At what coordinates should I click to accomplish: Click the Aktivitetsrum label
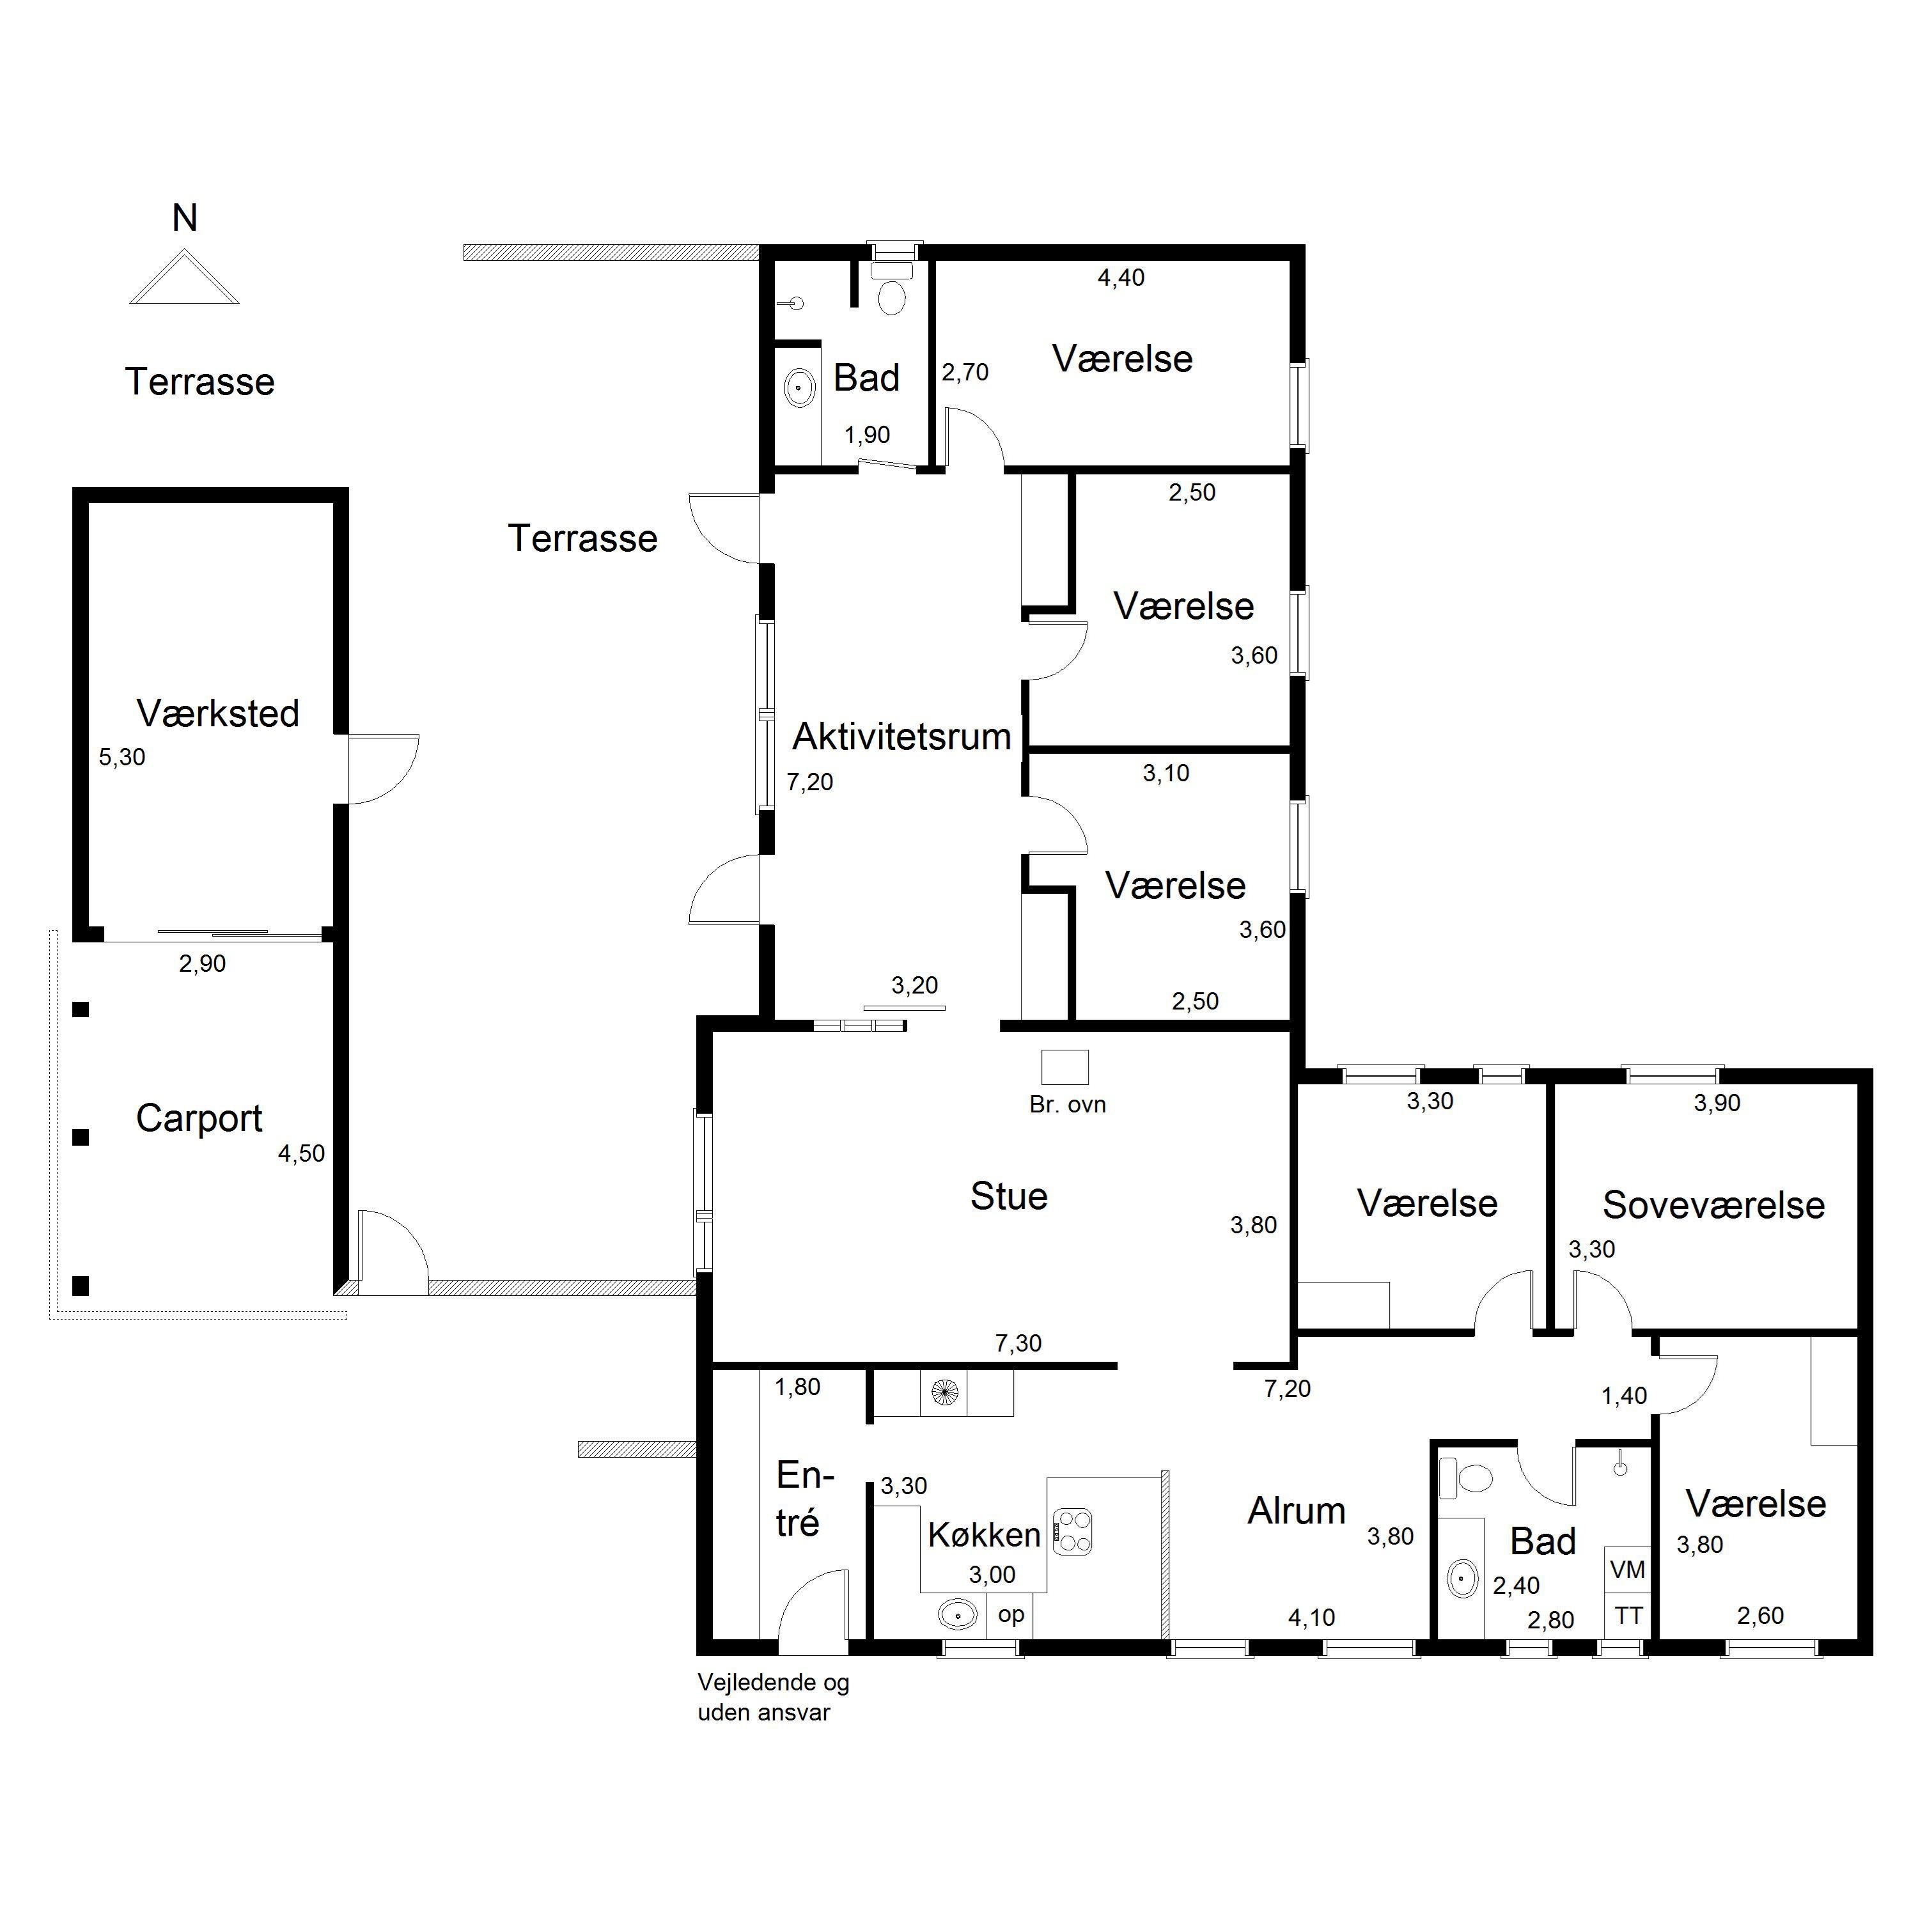tap(901, 737)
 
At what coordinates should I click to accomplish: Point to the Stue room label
tap(1009, 1196)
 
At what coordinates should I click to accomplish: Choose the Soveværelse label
tap(1713, 1205)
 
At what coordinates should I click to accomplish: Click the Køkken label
tap(984, 1535)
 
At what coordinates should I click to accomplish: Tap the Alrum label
tap(1297, 1511)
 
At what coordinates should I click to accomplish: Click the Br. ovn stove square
tap(1064, 1067)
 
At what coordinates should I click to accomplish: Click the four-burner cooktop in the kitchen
tap(1072, 1531)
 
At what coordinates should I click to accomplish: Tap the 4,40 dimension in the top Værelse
tap(1121, 278)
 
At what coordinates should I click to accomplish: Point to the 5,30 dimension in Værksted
tap(122, 758)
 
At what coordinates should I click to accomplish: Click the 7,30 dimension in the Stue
tap(1018, 1343)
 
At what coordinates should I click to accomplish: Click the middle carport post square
tap(81, 1138)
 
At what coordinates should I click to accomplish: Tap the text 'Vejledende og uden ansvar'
tap(774, 1697)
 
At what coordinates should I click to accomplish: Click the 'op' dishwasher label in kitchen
tap(1011, 1615)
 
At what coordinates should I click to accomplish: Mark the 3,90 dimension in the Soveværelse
tap(1717, 1103)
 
